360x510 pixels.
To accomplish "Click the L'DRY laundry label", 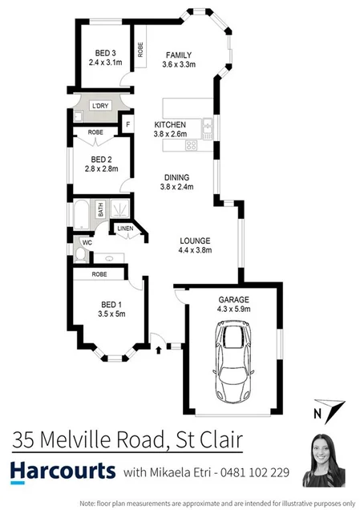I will [100, 106].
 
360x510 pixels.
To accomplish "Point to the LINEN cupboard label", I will [125, 229].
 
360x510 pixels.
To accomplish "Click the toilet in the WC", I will [82, 254].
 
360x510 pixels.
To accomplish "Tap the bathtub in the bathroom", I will [79, 215].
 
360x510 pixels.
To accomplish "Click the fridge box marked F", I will [126, 125].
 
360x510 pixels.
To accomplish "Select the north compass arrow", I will [329, 410].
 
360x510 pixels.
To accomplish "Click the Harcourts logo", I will [63, 473].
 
